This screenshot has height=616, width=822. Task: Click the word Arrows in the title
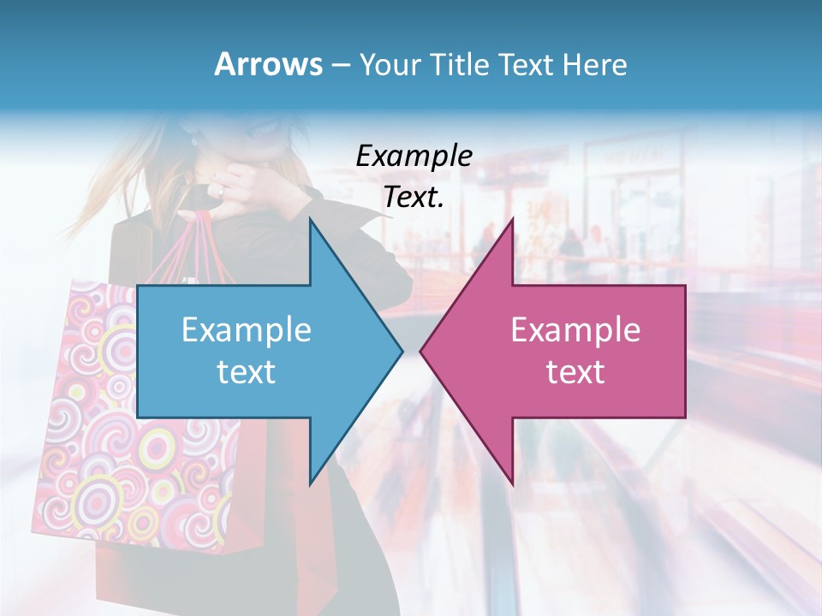tap(268, 64)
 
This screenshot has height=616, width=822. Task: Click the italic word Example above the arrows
tap(414, 156)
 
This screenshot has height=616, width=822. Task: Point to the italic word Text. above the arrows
tap(414, 197)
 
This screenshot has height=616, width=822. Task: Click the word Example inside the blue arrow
tap(247, 329)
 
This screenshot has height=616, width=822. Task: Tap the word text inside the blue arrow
tap(247, 371)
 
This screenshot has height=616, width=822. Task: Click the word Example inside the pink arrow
tap(575, 329)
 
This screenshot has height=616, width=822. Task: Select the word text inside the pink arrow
tap(575, 371)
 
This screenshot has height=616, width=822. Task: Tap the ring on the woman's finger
tap(220, 191)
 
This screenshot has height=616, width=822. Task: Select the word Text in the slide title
tap(525, 64)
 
